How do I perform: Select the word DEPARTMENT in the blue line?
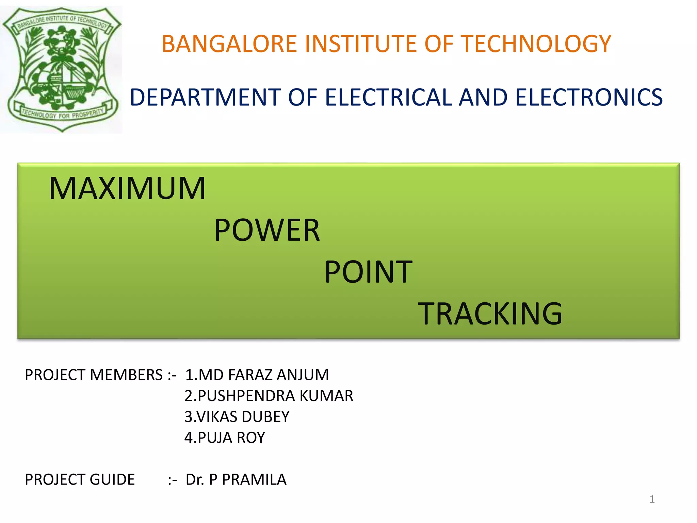[x=205, y=97]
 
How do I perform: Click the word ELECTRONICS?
[x=589, y=97]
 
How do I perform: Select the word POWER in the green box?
[x=267, y=231]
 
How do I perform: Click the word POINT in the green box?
[x=368, y=272]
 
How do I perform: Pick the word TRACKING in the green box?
[x=490, y=314]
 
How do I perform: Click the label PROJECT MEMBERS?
[x=94, y=375]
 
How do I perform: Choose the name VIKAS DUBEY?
[x=243, y=417]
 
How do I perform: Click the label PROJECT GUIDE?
[x=80, y=480]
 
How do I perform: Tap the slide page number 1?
[x=652, y=499]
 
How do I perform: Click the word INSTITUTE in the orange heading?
[x=361, y=44]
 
